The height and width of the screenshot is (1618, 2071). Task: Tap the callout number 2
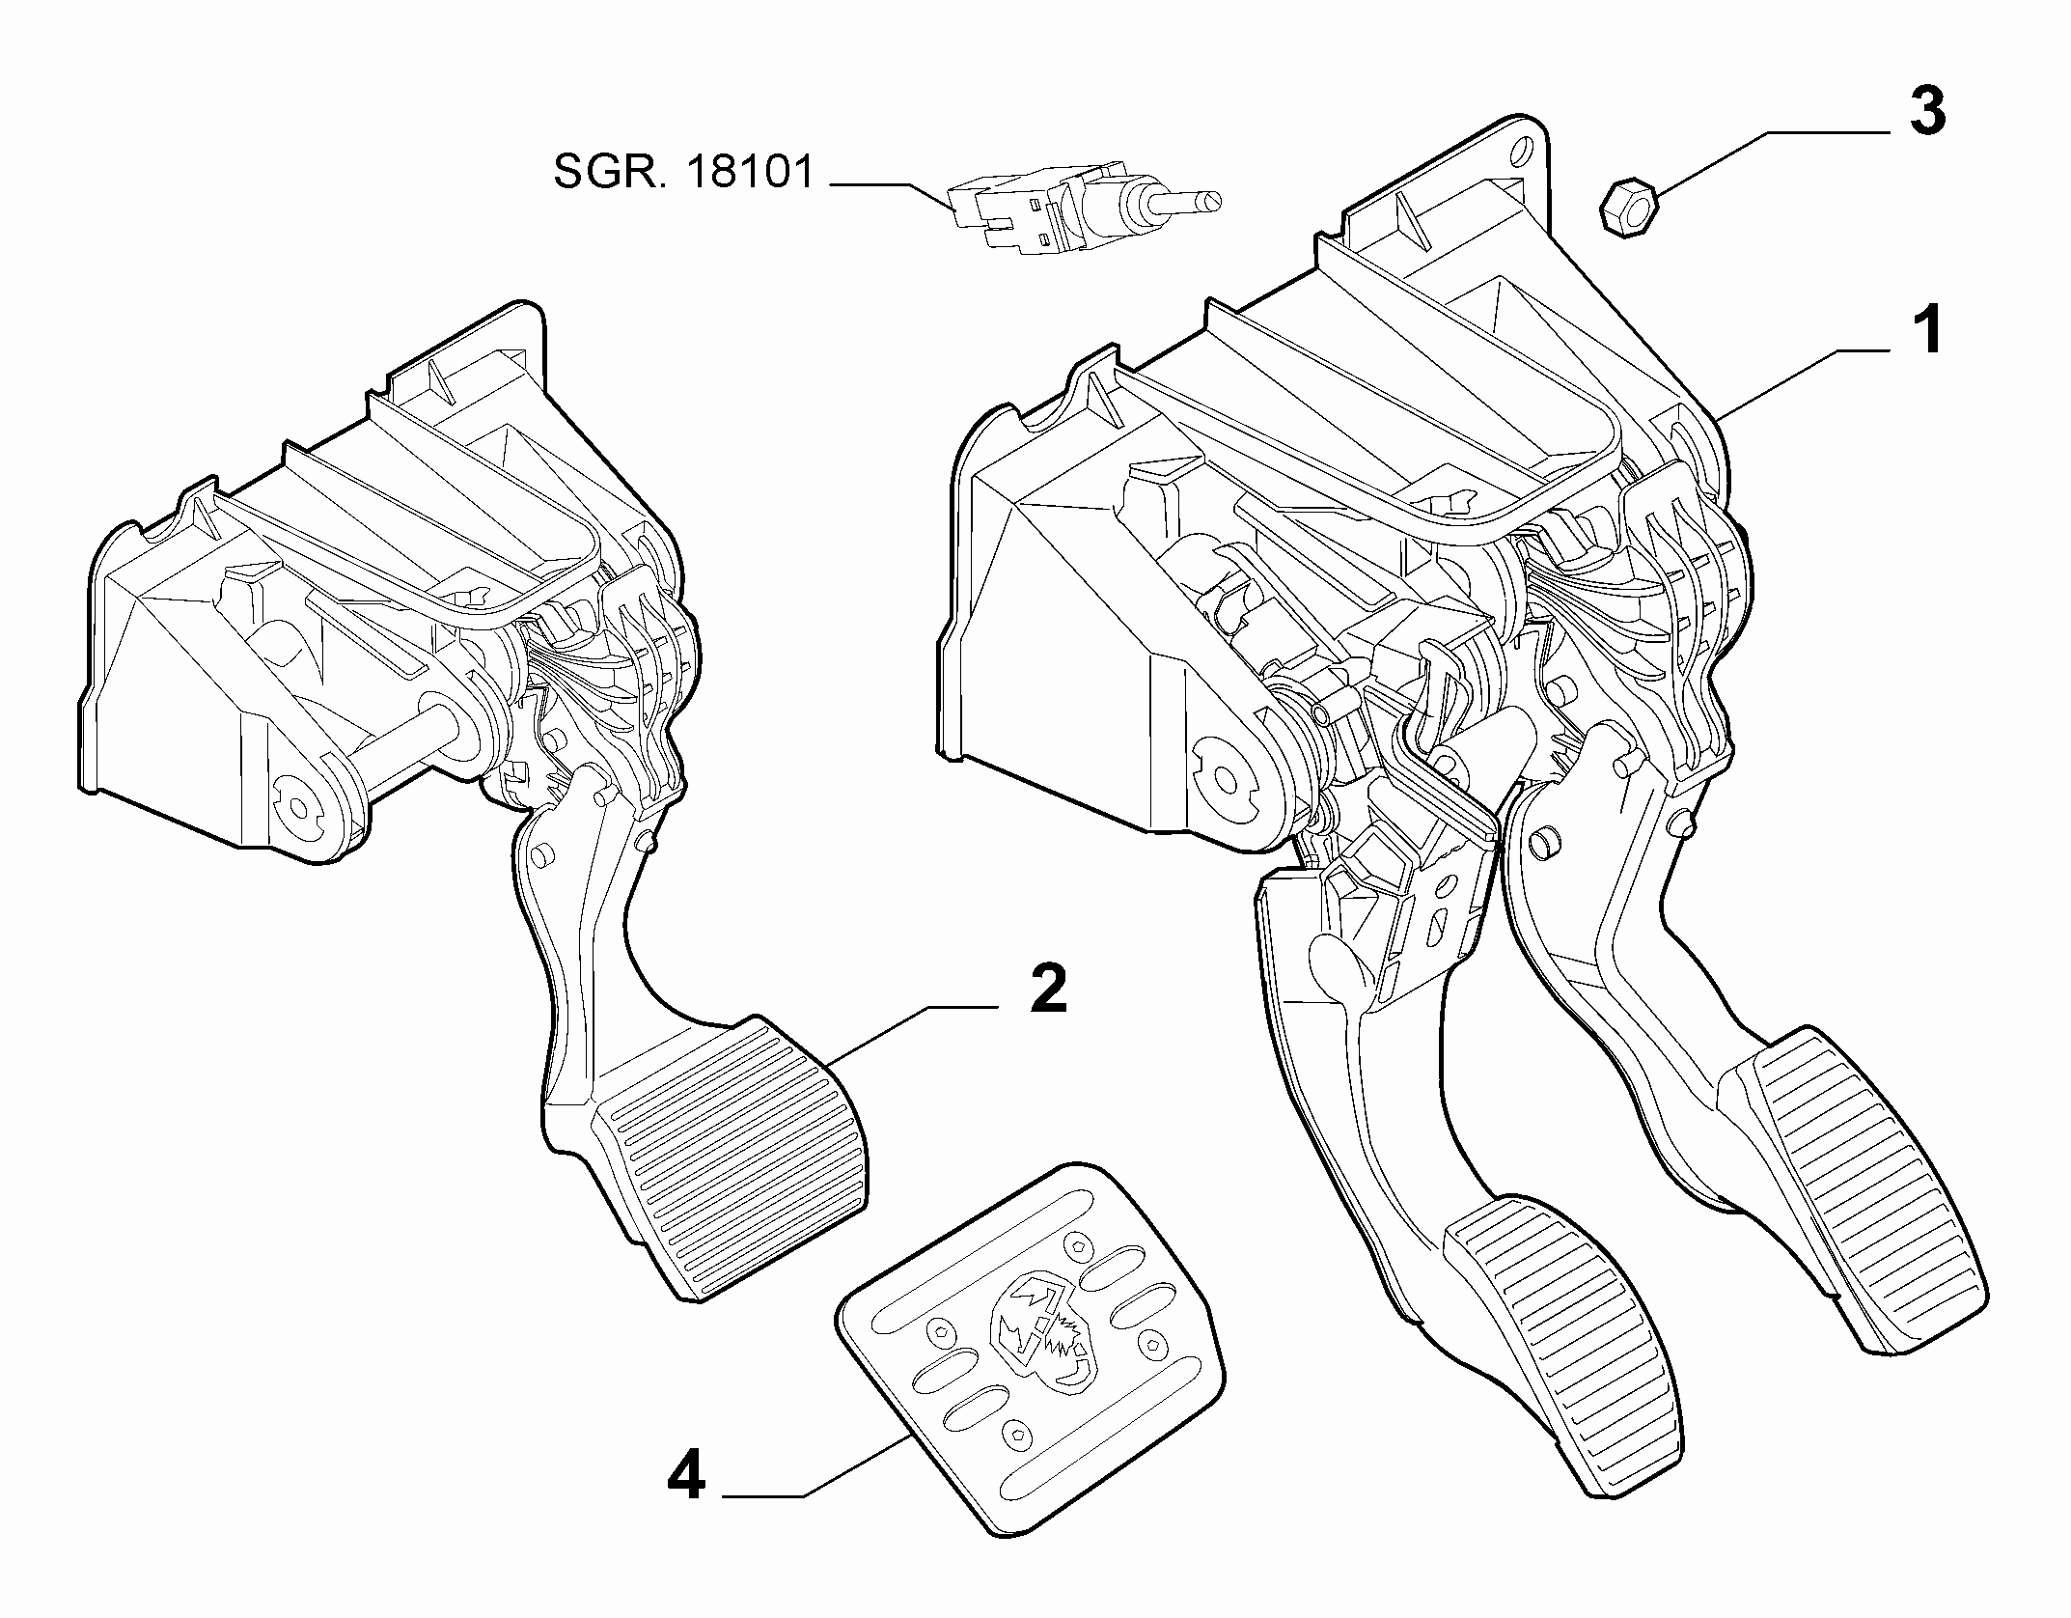1049,988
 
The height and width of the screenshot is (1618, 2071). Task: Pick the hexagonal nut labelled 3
1628,204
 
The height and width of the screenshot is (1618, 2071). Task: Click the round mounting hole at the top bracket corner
1521,151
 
